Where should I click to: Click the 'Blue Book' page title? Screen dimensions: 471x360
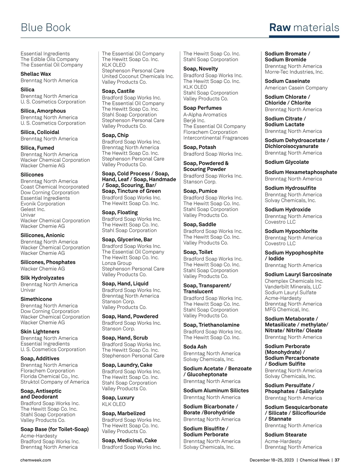46,28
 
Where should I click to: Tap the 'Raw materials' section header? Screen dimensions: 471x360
304,28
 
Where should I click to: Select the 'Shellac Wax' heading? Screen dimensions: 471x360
36,74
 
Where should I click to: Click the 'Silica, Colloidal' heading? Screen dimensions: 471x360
40,132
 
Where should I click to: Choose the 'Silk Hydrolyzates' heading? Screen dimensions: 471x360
42,278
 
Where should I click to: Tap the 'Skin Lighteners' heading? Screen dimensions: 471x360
40,332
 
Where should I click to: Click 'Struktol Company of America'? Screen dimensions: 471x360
55,382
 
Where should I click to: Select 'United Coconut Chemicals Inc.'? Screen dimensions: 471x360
138,76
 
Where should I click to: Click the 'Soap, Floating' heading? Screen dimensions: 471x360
120,213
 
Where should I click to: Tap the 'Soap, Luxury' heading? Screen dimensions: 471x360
118,398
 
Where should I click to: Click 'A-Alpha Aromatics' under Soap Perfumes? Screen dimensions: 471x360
205,115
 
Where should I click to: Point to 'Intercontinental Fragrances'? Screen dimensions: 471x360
216,138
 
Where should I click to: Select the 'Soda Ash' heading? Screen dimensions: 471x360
195,347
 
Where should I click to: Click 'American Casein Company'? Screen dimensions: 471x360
296,88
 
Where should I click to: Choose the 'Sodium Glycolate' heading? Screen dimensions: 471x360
286,162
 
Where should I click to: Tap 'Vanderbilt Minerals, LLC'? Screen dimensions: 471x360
293,287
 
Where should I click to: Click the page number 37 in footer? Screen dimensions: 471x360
337,460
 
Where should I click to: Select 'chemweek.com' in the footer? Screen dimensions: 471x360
35,460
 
